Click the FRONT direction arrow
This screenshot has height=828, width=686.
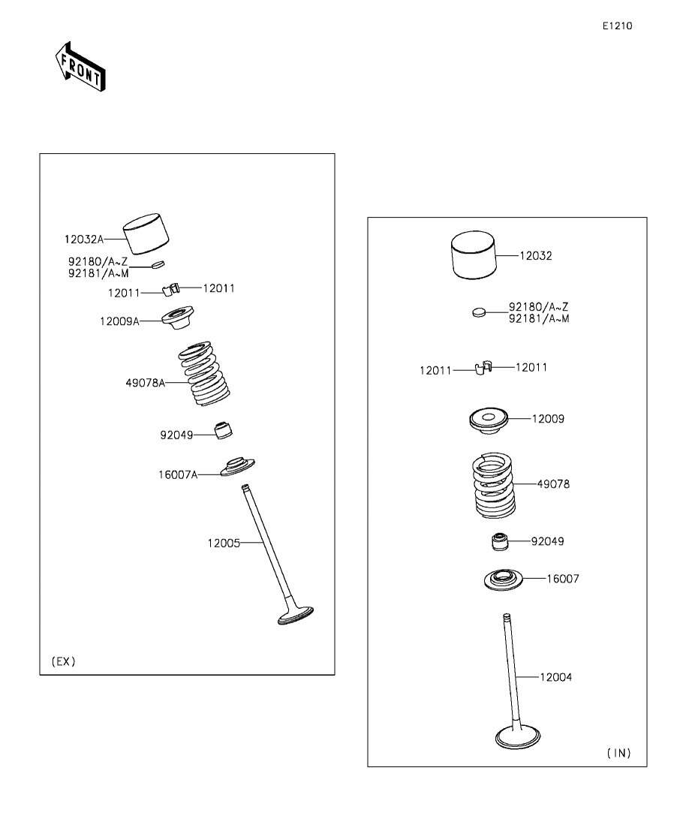[x=80, y=66]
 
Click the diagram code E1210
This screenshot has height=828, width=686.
[x=618, y=26]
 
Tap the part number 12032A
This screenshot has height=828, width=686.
[x=84, y=239]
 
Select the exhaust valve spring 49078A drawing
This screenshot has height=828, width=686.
[x=203, y=374]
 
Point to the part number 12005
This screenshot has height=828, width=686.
[x=224, y=543]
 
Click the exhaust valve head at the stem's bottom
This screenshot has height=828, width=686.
[x=295, y=616]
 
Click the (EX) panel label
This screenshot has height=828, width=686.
[x=63, y=661]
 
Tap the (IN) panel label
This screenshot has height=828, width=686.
[x=618, y=753]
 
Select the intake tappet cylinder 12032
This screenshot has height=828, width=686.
[x=474, y=254]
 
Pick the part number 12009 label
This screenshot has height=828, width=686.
[x=548, y=419]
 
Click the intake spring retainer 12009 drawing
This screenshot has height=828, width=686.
[x=489, y=421]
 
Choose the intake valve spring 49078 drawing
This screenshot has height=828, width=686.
[x=493, y=485]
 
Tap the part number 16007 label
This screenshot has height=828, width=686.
[x=562, y=579]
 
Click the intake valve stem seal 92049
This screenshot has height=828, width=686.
[x=500, y=542]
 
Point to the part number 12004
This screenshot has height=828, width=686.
[x=555, y=677]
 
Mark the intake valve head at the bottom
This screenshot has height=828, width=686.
[x=519, y=736]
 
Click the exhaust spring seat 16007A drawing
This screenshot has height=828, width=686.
[x=238, y=467]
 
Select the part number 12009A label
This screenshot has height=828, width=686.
[x=119, y=321]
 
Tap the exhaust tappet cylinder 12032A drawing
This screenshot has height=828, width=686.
[x=146, y=233]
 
